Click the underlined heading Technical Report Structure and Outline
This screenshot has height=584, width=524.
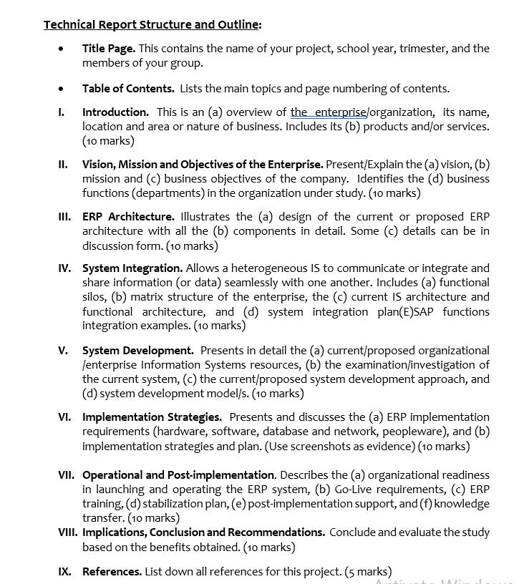pyautogui.click(x=152, y=25)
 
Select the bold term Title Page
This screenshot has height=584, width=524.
pyautogui.click(x=108, y=49)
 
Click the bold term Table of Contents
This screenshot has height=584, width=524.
pyautogui.click(x=128, y=89)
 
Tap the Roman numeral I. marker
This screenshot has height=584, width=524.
pyautogui.click(x=62, y=112)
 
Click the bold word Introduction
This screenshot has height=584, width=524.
pyautogui.click(x=115, y=112)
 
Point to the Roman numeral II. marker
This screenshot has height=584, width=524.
pyautogui.click(x=63, y=165)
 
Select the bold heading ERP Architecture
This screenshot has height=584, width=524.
pyautogui.click(x=128, y=217)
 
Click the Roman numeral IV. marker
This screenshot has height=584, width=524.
pyautogui.click(x=64, y=268)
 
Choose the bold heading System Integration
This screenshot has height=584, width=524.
pyautogui.click(x=132, y=268)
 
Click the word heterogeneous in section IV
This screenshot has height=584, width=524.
pyautogui.click(x=268, y=268)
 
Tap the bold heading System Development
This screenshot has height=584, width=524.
pyautogui.click(x=137, y=351)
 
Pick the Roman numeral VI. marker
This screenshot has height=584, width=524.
pyautogui.click(x=64, y=417)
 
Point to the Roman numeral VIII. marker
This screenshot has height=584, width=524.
pyautogui.click(x=68, y=532)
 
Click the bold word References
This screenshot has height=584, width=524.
pyautogui.click(x=112, y=572)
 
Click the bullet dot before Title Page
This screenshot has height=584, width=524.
pyautogui.click(x=62, y=49)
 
